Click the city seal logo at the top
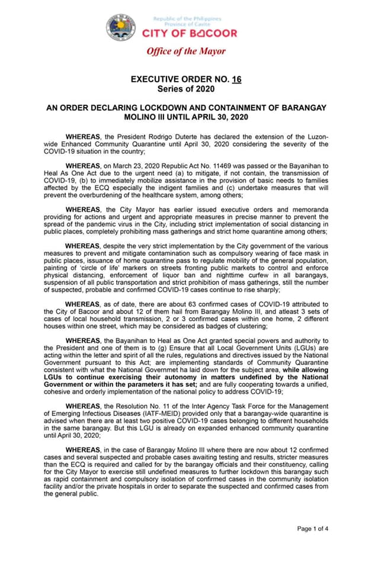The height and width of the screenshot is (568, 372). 121,27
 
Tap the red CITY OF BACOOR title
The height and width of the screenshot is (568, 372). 190,34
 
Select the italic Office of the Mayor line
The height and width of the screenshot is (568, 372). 186,51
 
